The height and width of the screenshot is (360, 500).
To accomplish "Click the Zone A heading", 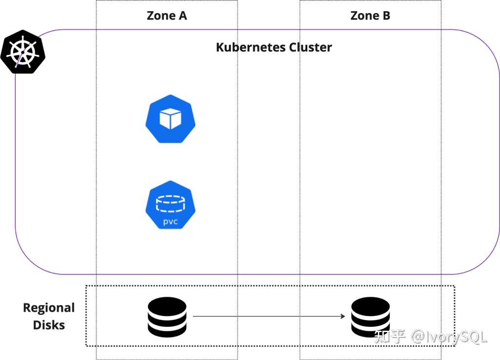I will (x=167, y=16).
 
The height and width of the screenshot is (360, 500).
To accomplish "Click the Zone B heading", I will (x=370, y=16).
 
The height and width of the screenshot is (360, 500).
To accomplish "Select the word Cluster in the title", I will (x=311, y=47).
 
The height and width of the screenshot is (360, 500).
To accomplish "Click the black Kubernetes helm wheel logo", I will (x=22, y=51).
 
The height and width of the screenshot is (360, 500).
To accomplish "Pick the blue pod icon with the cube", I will (x=170, y=119).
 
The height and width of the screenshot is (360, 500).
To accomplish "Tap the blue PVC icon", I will (x=170, y=205).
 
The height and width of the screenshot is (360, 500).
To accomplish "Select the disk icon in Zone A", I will (x=167, y=317).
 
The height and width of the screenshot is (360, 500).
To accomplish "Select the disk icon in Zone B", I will (x=371, y=317).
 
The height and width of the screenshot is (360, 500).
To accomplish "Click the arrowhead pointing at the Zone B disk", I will (x=343, y=317).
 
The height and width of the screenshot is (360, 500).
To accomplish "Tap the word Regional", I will (x=49, y=308).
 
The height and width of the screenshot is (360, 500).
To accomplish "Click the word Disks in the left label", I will (x=49, y=325).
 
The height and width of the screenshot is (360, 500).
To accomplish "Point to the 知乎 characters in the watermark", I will (x=390, y=337).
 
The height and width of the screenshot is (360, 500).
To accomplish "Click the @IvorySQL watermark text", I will (x=449, y=337).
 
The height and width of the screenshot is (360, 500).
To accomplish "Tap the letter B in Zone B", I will (x=385, y=16).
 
